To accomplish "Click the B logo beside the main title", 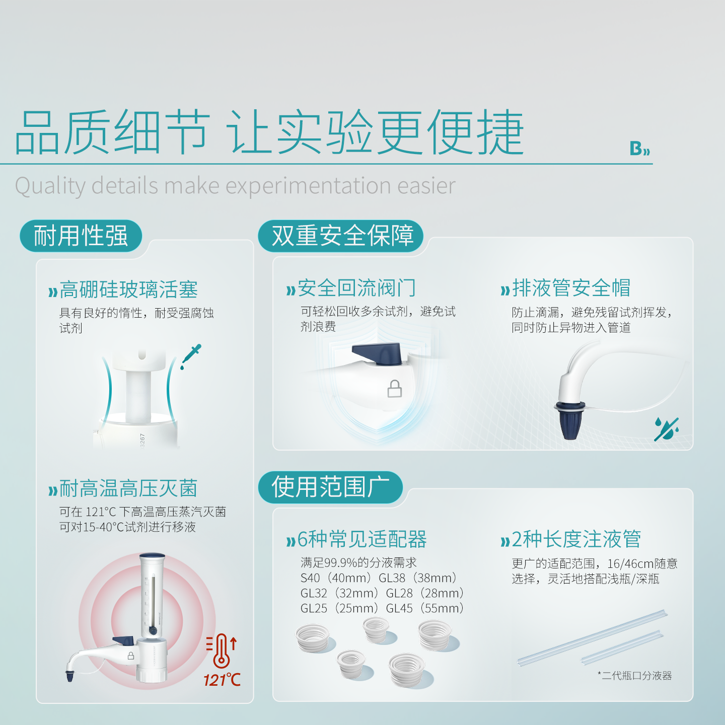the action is click(639, 148).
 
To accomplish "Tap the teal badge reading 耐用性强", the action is click(81, 236).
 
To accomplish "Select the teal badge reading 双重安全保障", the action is click(341, 236).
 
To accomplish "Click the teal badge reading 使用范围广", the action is click(330, 487).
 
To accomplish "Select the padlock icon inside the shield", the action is click(394, 389).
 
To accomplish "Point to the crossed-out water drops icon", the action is click(666, 428).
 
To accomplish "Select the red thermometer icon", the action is click(222, 650).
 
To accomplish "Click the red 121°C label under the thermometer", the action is click(222, 680).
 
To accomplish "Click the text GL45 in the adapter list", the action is click(399, 608).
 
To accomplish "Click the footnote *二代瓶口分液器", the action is click(635, 676).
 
